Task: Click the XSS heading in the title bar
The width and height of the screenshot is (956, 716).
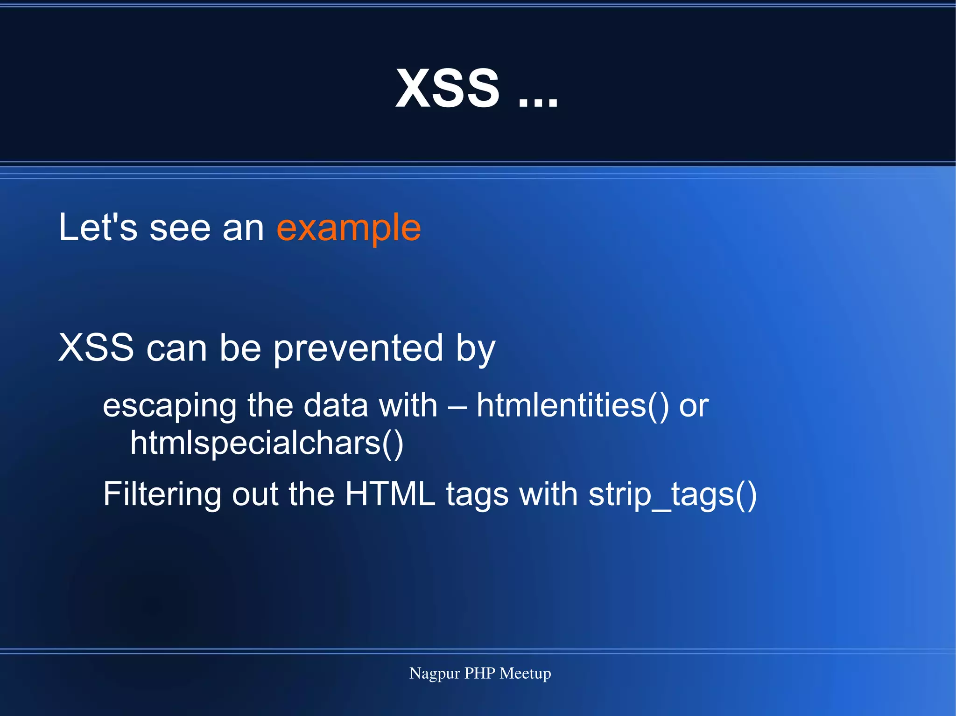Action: point(447,88)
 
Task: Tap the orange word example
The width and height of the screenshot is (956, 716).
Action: point(349,228)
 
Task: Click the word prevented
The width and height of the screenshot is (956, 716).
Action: point(358,349)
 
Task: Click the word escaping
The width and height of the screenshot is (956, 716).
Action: point(169,406)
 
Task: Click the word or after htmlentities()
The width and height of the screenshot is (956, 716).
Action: point(694,406)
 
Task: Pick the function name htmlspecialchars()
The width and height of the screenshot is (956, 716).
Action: point(267,443)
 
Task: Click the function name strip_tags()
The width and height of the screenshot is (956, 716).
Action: point(672,494)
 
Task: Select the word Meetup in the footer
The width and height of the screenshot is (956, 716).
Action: point(525,674)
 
